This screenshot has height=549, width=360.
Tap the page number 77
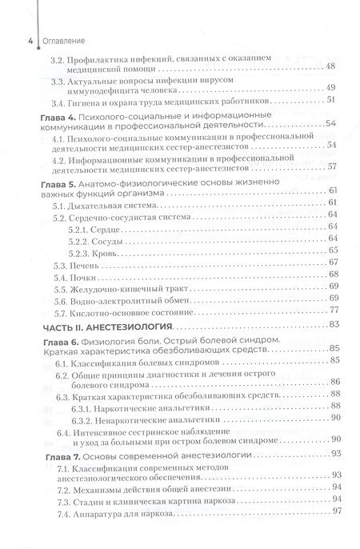[336, 309]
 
